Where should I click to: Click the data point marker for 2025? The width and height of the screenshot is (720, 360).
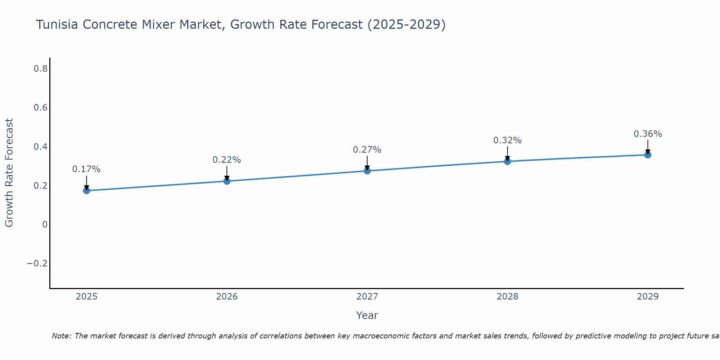86,190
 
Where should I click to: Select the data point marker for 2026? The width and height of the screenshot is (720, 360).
227,181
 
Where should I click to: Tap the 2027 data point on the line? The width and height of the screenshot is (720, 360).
367,171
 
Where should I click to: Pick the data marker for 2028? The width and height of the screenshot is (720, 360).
507,161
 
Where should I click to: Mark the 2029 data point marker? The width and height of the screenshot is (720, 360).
648,155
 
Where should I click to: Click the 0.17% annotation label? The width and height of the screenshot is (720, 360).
86,169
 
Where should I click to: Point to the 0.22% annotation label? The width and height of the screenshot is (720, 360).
227,160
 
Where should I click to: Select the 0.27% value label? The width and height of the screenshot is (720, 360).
367,150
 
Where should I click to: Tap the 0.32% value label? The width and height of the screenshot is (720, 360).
507,140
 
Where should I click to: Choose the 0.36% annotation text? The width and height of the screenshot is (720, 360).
648,134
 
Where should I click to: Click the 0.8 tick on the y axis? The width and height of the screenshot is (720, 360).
40,69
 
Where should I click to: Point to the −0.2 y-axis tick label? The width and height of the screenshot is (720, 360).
37,264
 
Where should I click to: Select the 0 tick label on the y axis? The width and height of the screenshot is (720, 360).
45,225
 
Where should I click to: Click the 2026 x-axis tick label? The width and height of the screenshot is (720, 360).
227,297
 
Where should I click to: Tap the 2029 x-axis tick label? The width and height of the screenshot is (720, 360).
648,297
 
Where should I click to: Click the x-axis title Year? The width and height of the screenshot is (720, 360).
367,315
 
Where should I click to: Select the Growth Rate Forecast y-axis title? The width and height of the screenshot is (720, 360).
9,173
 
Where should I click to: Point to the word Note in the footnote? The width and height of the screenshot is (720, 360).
61,336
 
